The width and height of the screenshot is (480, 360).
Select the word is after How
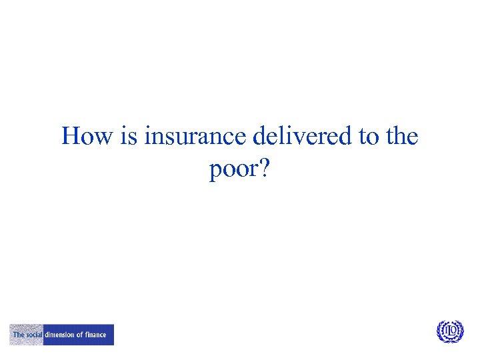click(x=131, y=137)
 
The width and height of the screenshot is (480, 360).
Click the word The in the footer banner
click(x=19, y=335)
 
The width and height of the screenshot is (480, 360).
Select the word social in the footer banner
click(x=33, y=335)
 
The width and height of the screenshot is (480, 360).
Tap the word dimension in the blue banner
click(x=59, y=335)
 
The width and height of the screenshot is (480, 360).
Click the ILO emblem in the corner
click(x=450, y=331)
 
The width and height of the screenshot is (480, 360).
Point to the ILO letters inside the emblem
click(x=450, y=331)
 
